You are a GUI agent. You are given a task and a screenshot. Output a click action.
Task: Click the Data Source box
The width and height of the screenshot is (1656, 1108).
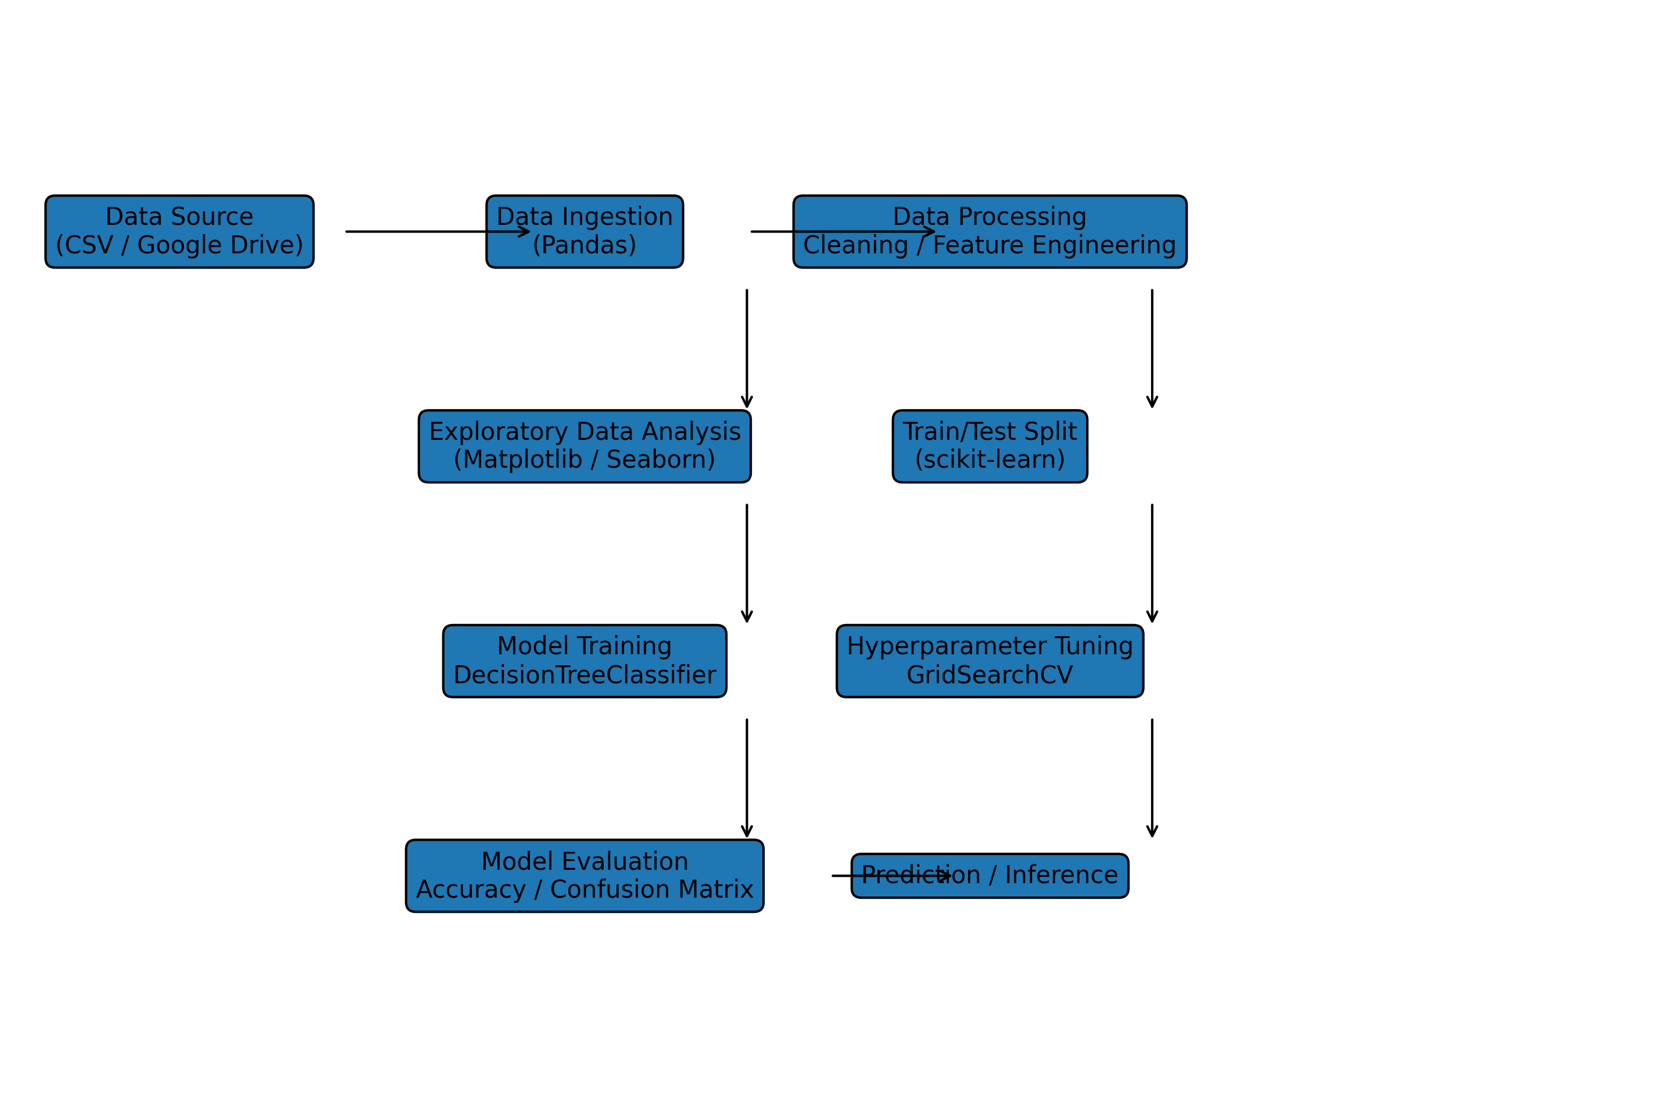(180, 232)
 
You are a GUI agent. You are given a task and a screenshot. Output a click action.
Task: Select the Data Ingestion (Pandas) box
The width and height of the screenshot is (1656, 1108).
(585, 232)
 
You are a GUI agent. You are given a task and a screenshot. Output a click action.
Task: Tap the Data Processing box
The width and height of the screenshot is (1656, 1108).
(989, 232)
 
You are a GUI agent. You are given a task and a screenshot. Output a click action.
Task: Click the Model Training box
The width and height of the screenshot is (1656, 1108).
(585, 661)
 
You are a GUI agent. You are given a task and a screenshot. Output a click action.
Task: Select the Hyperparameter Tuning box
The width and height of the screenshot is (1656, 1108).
(989, 661)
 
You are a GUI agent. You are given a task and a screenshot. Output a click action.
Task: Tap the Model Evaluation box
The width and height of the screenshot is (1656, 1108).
(585, 876)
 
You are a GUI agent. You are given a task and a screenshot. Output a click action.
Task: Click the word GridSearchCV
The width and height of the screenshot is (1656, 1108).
(989, 675)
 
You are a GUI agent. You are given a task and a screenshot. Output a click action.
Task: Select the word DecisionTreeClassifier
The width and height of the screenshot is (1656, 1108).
(585, 675)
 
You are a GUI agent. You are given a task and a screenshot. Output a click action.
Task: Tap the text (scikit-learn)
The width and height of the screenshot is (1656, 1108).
(989, 460)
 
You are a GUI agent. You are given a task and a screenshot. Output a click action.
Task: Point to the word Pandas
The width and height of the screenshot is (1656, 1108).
(585, 245)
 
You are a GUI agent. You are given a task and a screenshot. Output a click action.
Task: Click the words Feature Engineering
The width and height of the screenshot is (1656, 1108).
(1054, 245)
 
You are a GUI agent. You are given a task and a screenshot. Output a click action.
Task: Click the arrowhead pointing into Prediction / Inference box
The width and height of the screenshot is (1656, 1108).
(945, 876)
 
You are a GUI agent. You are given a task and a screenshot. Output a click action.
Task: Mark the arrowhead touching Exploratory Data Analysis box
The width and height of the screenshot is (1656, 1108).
(747, 403)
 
